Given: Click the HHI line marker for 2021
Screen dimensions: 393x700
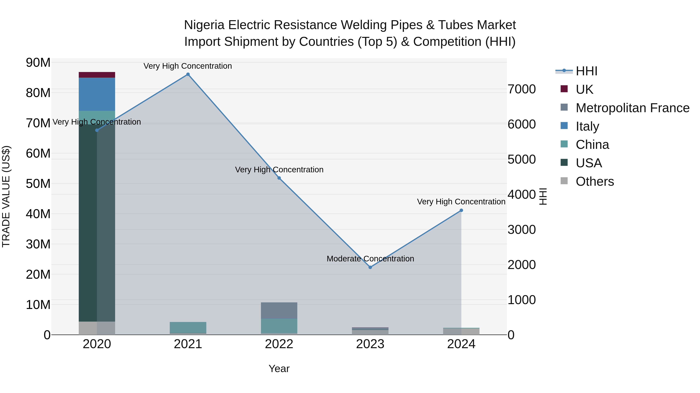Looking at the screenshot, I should click(x=188, y=74).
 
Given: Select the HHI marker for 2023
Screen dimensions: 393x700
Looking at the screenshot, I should click(x=370, y=267).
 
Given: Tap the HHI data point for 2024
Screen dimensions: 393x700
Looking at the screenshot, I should click(x=461, y=210).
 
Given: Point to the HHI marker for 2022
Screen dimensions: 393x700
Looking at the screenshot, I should click(x=279, y=178).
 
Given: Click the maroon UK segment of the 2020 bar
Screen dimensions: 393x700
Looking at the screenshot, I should click(x=97, y=75).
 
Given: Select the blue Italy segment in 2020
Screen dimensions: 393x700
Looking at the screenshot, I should click(x=97, y=94).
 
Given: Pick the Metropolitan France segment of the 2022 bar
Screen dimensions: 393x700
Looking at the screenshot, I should click(x=279, y=310).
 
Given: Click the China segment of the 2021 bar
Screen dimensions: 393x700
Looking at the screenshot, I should click(x=188, y=327).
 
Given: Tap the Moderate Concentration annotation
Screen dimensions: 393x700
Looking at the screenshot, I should click(x=370, y=259).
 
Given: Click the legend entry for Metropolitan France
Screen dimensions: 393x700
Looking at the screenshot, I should click(x=632, y=108).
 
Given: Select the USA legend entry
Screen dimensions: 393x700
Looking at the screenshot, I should click(x=589, y=163).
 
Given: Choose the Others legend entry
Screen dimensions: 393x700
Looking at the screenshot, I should click(x=595, y=181).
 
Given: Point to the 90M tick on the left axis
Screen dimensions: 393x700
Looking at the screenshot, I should click(x=38, y=63).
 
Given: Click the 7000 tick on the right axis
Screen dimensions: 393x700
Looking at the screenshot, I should click(x=522, y=89).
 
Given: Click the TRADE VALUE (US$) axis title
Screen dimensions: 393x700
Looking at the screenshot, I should click(x=6, y=196).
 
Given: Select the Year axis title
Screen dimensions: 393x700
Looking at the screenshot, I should click(x=279, y=369).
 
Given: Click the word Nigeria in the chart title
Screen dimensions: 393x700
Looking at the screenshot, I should click(x=204, y=25).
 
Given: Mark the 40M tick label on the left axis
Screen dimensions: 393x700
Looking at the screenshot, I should click(x=38, y=214).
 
